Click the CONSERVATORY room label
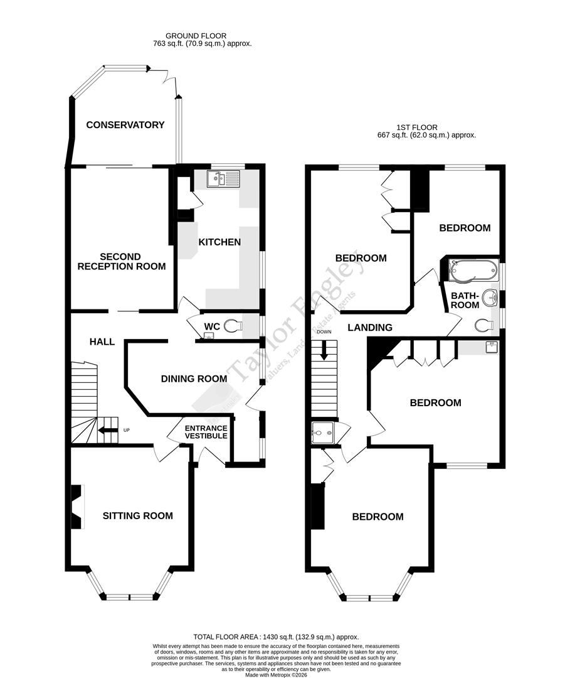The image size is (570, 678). point(125,125)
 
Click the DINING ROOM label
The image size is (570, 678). point(194,379)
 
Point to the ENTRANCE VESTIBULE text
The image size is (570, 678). point(205,431)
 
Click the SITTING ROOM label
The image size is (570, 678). point(138,516)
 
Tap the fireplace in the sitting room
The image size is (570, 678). point(76,507)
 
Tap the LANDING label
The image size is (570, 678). point(370,327)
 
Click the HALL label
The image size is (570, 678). point(102,342)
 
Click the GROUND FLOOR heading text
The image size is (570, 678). point(196,36)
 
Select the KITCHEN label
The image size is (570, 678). point(219,242)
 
